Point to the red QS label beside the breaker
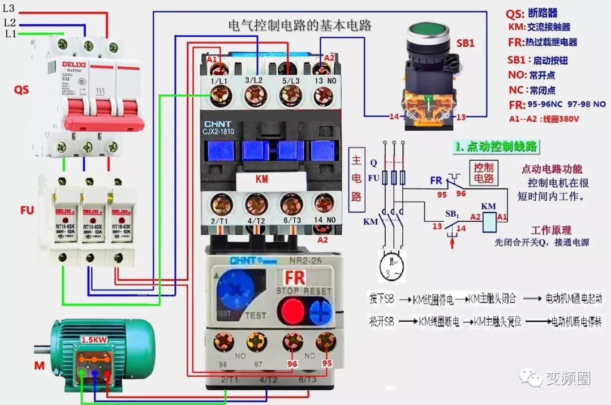(21, 90)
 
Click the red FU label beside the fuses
(27, 210)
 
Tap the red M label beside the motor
(39, 366)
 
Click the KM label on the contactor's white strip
(262, 179)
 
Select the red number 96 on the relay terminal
(292, 364)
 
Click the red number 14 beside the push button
(394, 117)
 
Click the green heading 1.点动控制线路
(496, 147)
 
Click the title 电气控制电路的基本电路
(299, 26)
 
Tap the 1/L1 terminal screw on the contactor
(218, 98)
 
